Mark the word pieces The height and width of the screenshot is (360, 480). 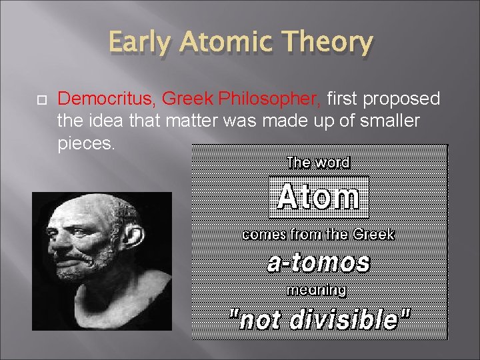coord(86,144)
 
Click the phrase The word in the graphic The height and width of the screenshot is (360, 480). coord(318,162)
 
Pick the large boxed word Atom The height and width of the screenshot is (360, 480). coord(319,197)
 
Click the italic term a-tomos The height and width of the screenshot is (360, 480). coord(318,263)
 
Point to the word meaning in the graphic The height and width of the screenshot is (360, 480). coord(317,290)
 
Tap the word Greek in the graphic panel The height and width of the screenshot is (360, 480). coord(374,235)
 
